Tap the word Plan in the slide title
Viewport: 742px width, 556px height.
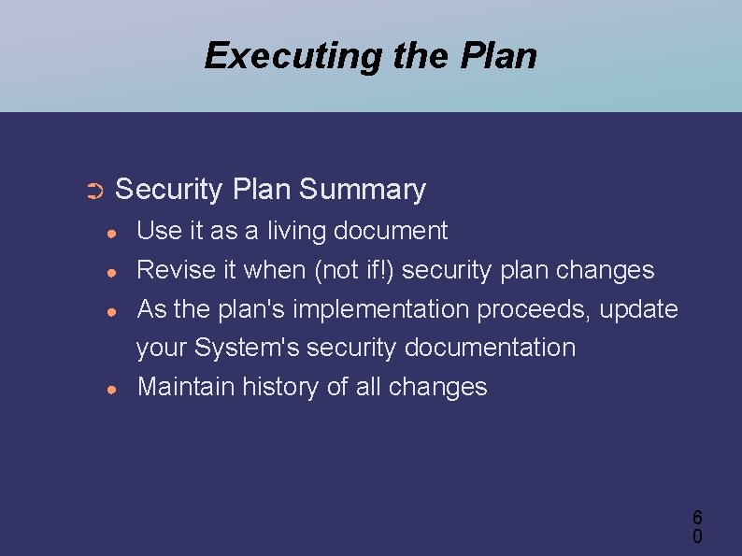pos(499,56)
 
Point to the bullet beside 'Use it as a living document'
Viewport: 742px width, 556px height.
pos(110,233)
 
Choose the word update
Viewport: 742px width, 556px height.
pos(639,308)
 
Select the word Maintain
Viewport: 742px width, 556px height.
pos(186,387)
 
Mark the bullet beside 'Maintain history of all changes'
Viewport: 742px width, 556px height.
pos(110,389)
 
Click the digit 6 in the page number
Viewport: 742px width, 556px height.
pos(697,517)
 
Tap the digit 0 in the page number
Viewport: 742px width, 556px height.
pos(697,536)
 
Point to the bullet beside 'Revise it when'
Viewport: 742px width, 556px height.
pos(110,272)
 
